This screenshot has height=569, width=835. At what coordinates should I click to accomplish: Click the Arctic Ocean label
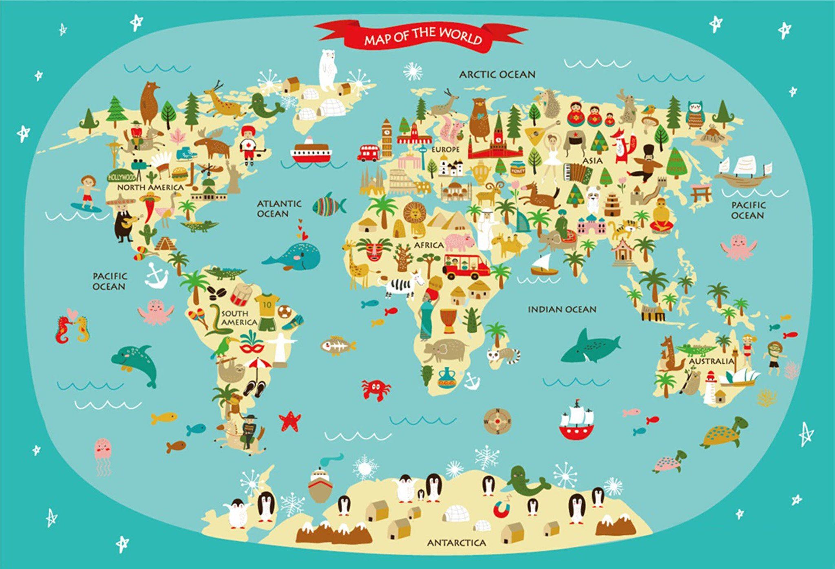tap(497, 75)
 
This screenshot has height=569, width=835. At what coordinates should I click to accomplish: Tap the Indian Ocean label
tap(562, 310)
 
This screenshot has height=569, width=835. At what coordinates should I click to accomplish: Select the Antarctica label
tap(457, 543)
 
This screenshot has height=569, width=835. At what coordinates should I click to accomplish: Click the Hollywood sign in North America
tap(121, 177)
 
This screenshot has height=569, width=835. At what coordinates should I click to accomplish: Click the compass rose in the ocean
tap(497, 421)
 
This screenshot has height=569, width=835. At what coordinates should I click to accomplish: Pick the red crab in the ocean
tap(376, 389)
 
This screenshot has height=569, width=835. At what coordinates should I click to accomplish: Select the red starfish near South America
tap(290, 421)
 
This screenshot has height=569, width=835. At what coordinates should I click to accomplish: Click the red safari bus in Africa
tap(466, 267)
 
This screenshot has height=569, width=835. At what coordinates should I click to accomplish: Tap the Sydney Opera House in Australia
tap(739, 377)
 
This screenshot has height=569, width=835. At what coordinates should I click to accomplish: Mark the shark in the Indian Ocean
tap(589, 347)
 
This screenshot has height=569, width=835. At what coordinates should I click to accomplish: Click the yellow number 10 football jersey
tap(267, 304)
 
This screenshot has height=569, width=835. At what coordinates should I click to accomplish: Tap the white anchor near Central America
tap(156, 276)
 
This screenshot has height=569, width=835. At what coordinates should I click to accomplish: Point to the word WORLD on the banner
tap(464, 37)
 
